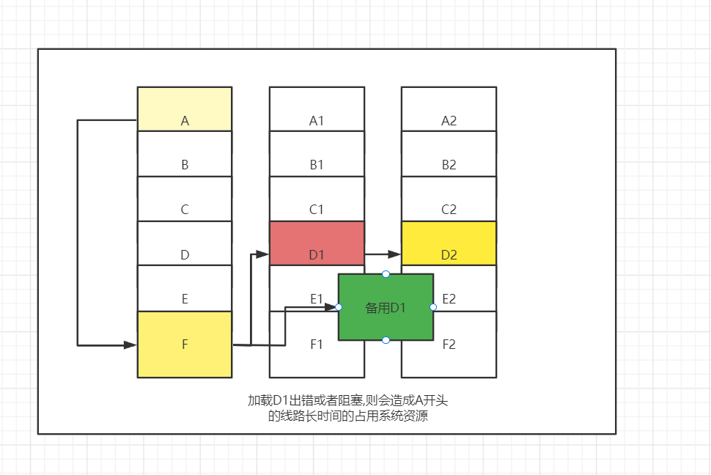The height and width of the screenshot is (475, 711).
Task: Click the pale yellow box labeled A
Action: tap(185, 109)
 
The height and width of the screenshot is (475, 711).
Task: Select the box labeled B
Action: tap(185, 154)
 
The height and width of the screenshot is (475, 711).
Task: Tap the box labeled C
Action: tap(185, 199)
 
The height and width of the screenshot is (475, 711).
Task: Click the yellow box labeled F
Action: tap(185, 344)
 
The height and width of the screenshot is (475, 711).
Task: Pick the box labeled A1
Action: tap(317, 109)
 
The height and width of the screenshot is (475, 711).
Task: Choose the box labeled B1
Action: tap(317, 154)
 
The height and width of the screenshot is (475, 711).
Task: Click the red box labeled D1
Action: tap(317, 243)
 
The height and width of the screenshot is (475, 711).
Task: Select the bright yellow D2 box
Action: tap(449, 243)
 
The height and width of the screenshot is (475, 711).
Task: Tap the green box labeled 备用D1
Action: tap(386, 307)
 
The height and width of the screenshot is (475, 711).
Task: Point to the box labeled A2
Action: tap(449, 109)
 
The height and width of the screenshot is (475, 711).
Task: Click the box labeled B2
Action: tap(449, 154)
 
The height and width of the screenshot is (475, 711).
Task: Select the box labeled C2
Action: tap(449, 199)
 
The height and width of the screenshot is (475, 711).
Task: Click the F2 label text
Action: tap(449, 344)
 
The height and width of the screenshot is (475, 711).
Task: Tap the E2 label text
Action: tap(449, 298)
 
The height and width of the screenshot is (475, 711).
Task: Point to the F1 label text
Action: tap(317, 344)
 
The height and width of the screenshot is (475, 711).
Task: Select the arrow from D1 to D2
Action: tap(382, 254)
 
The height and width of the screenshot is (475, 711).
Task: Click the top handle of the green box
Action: tap(386, 274)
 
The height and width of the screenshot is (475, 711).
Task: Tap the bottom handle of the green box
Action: tap(386, 340)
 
